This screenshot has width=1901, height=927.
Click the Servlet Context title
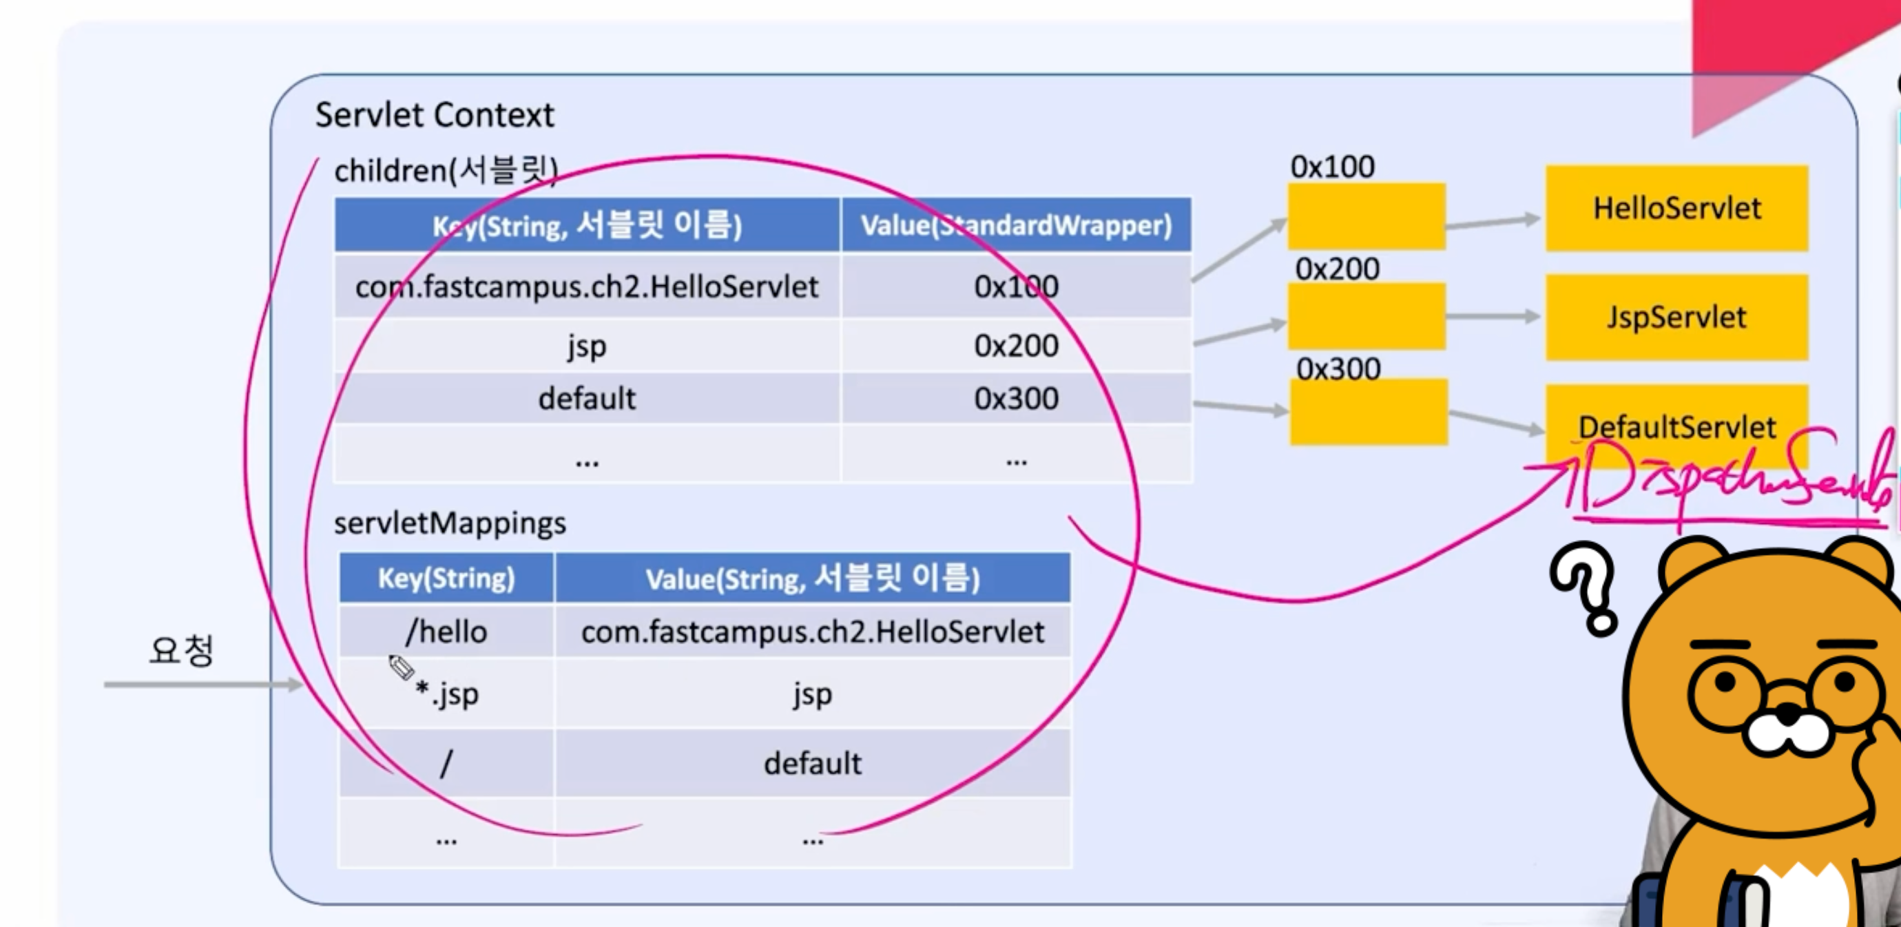434,115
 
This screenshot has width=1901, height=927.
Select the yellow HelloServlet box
1676,209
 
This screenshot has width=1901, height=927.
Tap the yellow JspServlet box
1676,317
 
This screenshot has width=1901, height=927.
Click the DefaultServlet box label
1676,426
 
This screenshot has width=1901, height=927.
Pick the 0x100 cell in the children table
1015,287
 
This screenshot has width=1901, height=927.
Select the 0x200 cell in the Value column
1015,346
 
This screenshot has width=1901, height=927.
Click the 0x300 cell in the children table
1015,399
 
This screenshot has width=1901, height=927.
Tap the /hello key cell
446,632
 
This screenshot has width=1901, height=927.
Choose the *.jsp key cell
447,694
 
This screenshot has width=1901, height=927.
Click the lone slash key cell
446,763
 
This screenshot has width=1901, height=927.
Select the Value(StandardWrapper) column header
1015,225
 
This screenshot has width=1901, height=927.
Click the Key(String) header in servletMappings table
446,578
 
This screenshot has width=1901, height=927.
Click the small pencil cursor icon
401,667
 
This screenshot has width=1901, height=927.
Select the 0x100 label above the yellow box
1332,167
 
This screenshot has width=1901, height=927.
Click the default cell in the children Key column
587,399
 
